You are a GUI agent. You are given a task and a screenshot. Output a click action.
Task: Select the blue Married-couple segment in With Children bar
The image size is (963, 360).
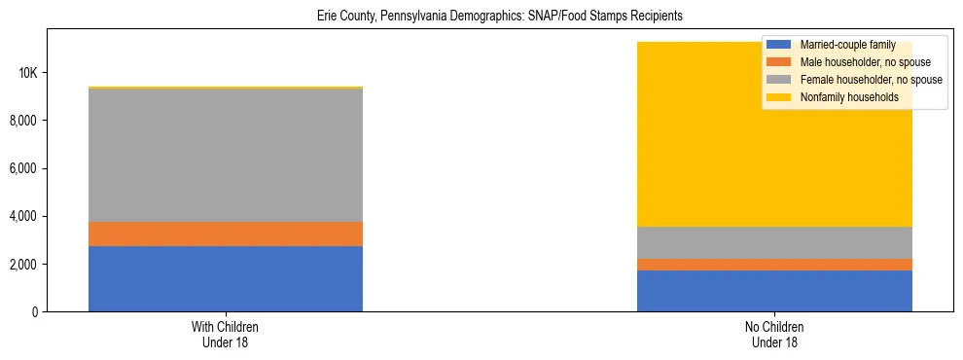226,278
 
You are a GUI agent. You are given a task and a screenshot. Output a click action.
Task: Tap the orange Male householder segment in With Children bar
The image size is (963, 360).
226,234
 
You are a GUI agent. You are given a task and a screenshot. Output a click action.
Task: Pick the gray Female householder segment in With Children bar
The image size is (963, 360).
226,156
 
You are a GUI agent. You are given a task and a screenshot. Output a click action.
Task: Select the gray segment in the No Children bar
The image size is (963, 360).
774,242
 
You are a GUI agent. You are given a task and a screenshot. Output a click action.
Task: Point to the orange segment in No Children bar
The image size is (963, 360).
774,265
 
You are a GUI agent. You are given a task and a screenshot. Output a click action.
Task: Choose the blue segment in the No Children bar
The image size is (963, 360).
774,291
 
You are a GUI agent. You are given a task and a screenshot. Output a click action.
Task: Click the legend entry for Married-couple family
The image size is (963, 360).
842,46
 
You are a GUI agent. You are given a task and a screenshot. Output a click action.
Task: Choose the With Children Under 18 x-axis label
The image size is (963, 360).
226,334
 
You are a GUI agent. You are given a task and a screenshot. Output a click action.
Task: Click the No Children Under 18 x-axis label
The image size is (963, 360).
774,334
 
